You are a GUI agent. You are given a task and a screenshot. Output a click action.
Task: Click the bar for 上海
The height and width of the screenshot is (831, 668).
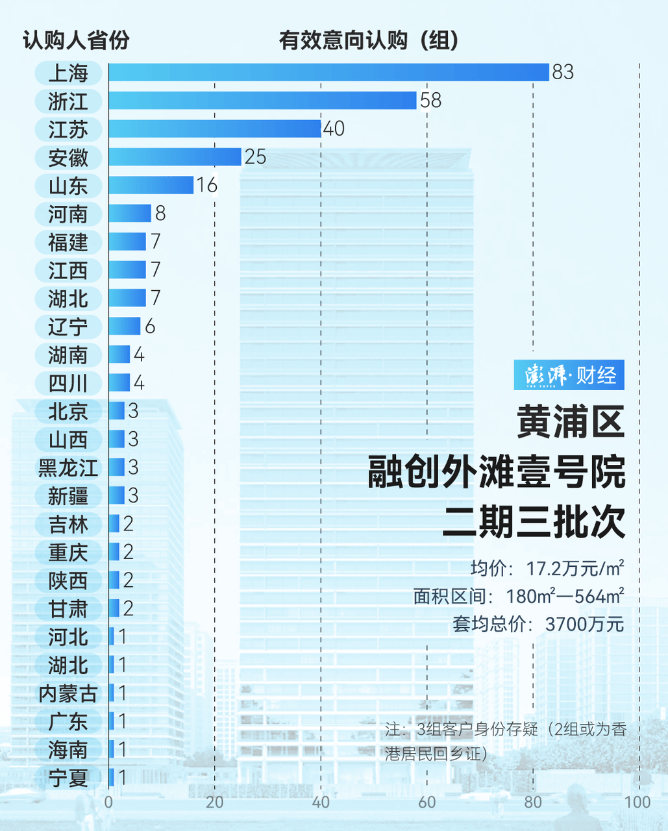click(x=328, y=72)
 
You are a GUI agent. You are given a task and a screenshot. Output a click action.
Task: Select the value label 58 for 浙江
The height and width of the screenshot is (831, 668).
click(x=430, y=101)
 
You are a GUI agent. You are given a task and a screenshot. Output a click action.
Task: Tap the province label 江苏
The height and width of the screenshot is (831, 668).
click(x=68, y=129)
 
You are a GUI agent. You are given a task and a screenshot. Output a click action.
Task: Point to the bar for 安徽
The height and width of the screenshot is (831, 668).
click(x=175, y=157)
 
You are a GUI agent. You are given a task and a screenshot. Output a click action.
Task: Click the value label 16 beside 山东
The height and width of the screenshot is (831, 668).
click(x=206, y=186)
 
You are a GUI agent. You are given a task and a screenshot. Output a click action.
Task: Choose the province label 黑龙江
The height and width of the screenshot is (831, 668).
click(x=68, y=468)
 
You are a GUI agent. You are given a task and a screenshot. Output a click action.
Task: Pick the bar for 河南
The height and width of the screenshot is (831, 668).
click(x=130, y=214)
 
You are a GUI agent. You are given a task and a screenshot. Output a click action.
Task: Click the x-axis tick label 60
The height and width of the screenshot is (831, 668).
click(x=427, y=802)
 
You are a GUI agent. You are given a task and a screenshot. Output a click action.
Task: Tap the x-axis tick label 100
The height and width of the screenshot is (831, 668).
click(x=637, y=802)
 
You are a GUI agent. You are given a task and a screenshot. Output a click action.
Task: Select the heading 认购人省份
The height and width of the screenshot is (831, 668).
click(x=76, y=40)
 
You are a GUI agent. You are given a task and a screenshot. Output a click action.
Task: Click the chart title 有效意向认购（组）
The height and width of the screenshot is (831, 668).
click(x=369, y=40)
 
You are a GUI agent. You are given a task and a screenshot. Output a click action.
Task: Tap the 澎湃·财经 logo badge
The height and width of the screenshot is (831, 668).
click(x=569, y=375)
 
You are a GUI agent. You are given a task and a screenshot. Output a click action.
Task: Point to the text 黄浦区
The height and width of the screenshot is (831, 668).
click(x=571, y=422)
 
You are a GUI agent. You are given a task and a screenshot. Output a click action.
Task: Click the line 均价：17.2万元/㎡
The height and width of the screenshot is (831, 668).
click(x=547, y=569)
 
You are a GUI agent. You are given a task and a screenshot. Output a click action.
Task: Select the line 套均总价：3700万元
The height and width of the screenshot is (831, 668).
click(x=538, y=625)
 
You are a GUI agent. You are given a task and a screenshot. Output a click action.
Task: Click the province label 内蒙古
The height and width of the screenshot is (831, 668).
click(x=68, y=693)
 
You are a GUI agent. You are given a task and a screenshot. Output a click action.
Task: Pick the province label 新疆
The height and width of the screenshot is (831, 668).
click(x=68, y=496)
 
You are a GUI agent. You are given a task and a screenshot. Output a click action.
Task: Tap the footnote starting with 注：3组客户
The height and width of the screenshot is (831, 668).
click(x=505, y=741)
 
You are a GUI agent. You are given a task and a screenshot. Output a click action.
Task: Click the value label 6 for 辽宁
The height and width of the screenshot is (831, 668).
click(x=150, y=327)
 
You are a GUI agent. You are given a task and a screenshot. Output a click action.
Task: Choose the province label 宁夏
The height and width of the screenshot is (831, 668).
click(x=68, y=778)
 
